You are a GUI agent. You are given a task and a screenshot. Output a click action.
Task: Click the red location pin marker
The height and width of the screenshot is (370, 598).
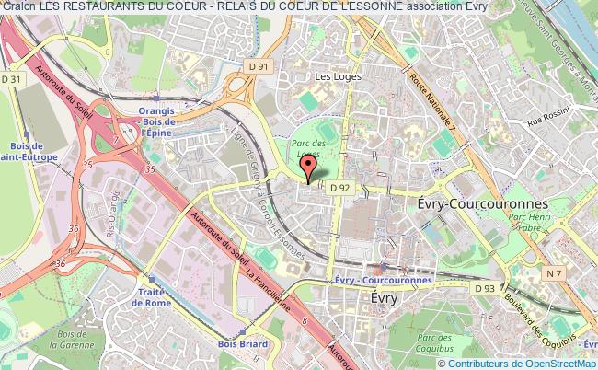pyautogui.click(x=308, y=167)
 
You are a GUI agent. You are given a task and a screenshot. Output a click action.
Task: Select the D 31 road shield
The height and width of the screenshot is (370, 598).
pyautogui.click(x=11, y=80)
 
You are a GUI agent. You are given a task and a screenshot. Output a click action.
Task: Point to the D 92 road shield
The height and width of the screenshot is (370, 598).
pyautogui.click(x=339, y=187)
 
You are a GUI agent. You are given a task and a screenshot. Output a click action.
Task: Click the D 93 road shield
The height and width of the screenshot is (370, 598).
pyautogui.click(x=485, y=288)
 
